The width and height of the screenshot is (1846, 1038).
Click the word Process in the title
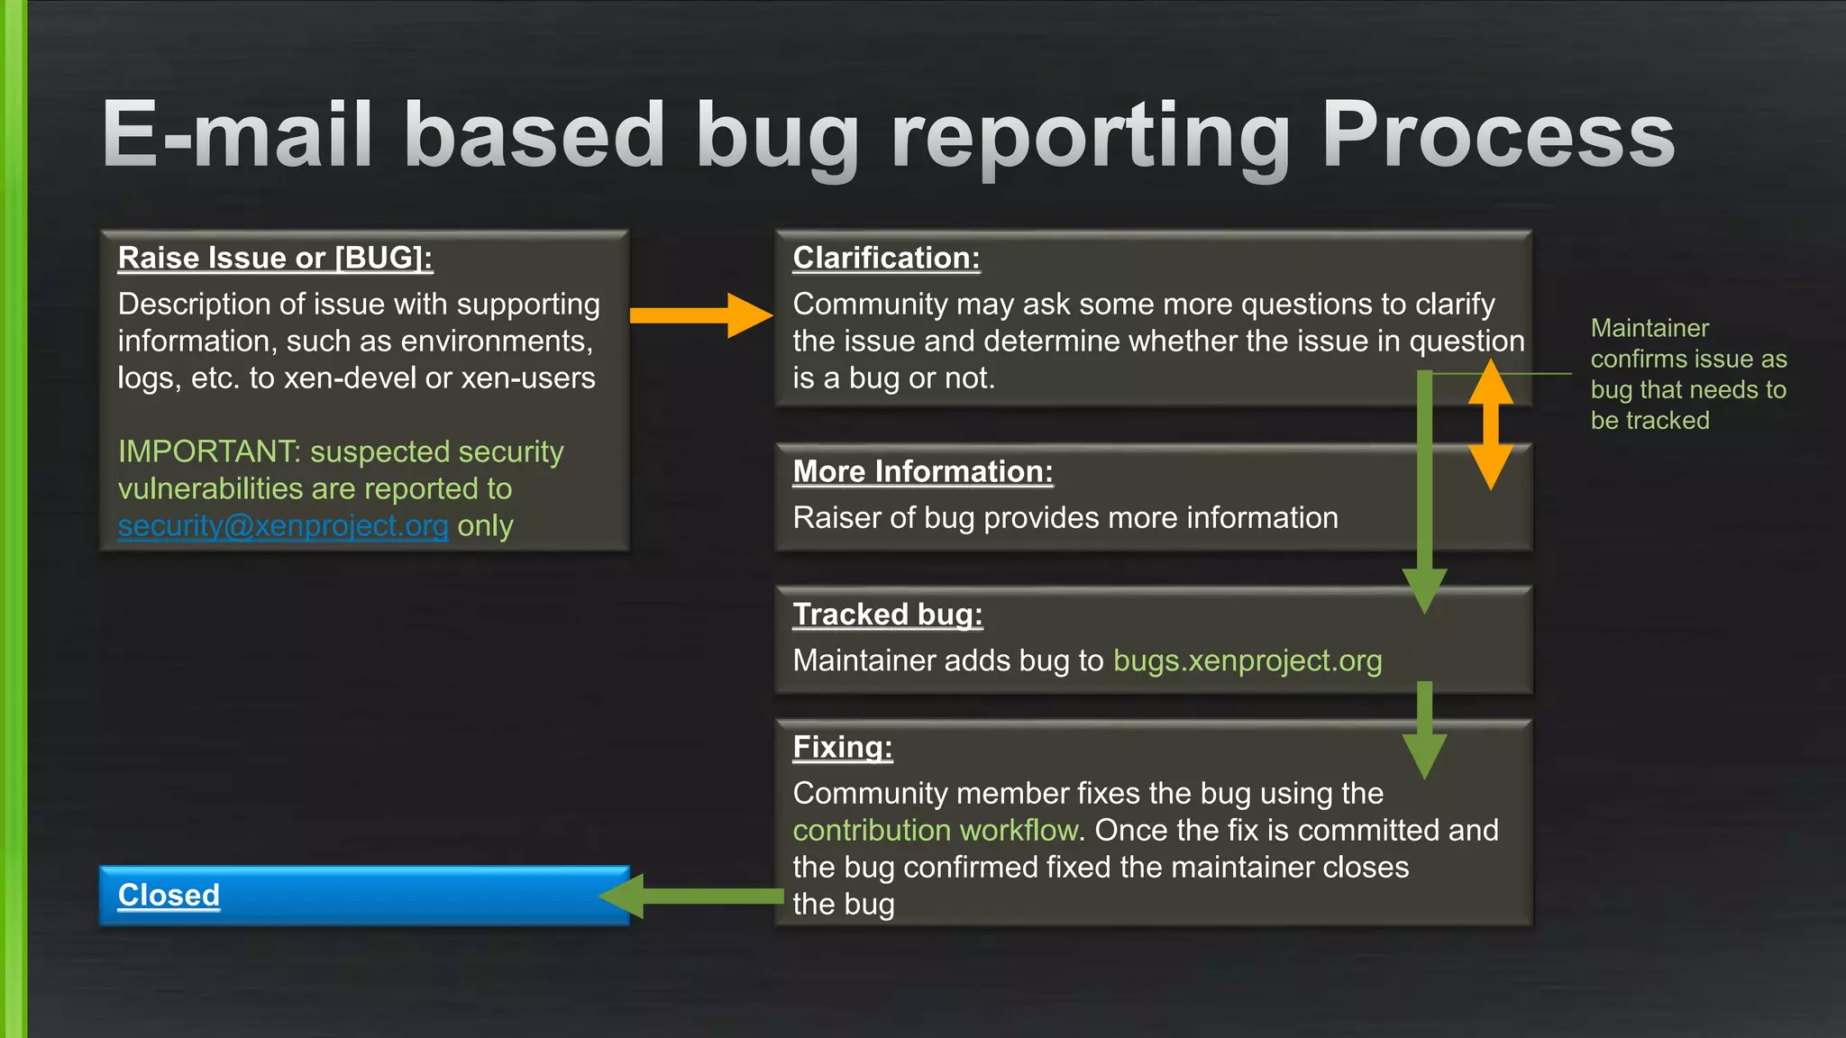[x=1496, y=135]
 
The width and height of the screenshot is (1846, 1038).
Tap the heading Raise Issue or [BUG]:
[x=275, y=259]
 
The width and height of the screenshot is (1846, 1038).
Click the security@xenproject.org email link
[x=282, y=525]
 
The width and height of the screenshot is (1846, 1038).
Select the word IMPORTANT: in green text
[x=209, y=451]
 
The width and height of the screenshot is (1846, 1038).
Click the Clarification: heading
[x=886, y=259]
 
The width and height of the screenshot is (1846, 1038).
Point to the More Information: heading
[x=922, y=472]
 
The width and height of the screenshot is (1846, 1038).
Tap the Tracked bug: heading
[x=887, y=615]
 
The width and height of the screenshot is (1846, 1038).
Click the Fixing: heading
[x=842, y=748]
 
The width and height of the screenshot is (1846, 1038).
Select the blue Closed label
[x=169, y=896]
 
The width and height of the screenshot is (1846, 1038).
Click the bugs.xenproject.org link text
[x=1247, y=661]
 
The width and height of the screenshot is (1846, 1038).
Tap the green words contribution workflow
[x=935, y=831]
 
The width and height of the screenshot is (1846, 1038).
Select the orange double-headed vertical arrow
[x=1491, y=423]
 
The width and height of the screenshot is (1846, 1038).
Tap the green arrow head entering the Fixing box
[x=1424, y=753]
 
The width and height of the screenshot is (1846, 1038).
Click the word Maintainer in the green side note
[x=1650, y=329]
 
